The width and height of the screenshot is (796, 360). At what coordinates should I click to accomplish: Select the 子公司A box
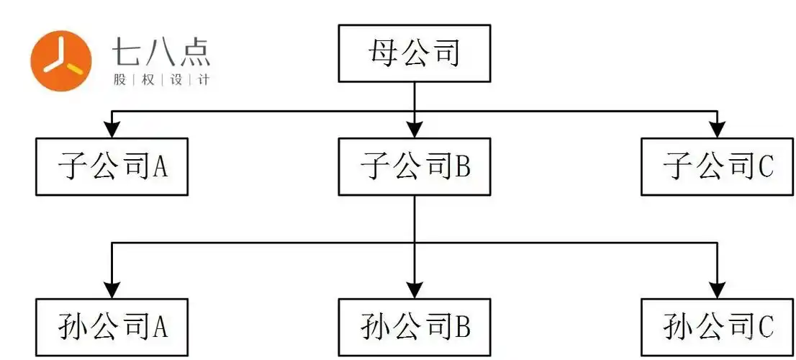point(112,167)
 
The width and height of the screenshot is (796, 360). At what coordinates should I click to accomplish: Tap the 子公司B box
point(415,167)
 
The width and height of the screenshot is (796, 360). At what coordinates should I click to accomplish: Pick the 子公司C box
point(717,167)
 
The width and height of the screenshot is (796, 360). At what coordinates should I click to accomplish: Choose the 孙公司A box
point(112,327)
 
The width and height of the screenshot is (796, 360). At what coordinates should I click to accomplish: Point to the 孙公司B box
point(415,327)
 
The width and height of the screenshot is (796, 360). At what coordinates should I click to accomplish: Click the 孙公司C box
point(717,327)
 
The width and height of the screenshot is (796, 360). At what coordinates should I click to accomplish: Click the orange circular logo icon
point(60,60)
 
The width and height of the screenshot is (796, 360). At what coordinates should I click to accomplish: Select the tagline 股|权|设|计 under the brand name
point(162,80)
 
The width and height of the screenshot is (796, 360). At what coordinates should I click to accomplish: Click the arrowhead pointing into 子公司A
point(112,130)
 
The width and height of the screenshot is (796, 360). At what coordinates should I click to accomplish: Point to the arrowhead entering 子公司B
point(415,130)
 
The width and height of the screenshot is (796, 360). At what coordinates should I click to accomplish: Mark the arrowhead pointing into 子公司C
point(717,130)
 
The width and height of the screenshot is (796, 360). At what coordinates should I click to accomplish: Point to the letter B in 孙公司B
point(462,328)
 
